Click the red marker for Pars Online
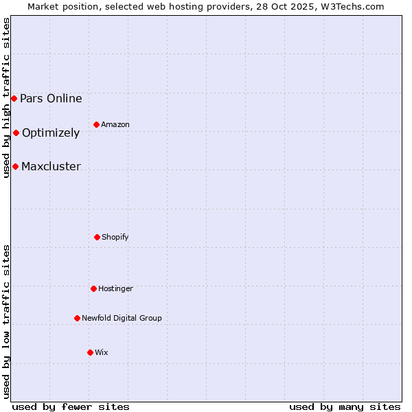14,98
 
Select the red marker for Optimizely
16,133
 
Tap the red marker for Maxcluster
15,166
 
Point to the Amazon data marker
96,124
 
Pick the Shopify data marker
97,237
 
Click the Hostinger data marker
93,288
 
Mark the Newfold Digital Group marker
77,318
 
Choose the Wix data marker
90,352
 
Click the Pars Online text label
51,98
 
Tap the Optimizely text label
51,133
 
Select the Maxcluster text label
51,166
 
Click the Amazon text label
115,124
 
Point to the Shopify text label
115,237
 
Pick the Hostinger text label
115,288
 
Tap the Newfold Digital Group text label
122,318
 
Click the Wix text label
102,352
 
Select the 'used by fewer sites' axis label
71,407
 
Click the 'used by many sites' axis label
345,407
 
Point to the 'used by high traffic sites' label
6,98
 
